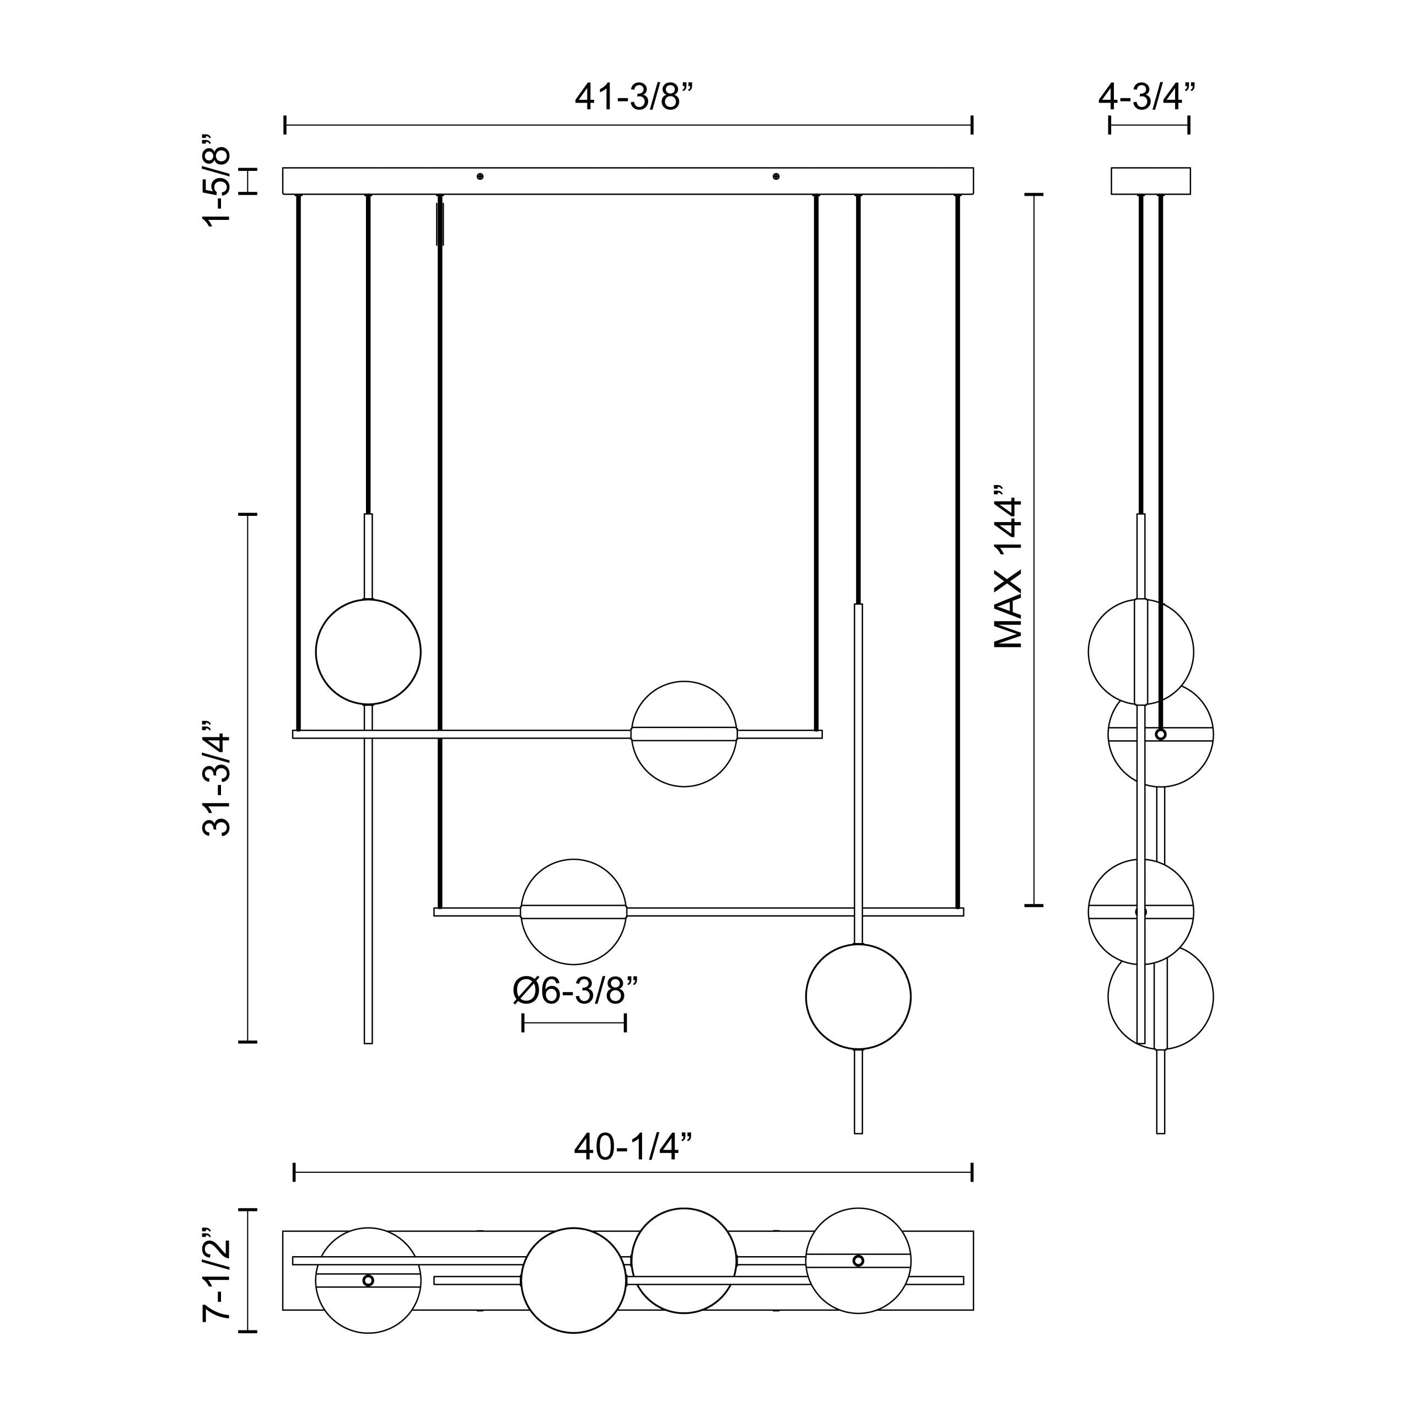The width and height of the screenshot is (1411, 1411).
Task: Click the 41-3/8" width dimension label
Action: (632, 96)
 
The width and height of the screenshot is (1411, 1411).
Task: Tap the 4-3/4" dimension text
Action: (1148, 96)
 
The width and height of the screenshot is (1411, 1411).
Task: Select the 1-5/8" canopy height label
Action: (218, 180)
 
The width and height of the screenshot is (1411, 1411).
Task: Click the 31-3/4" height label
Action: (218, 778)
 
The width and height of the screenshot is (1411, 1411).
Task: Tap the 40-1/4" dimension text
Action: (632, 1148)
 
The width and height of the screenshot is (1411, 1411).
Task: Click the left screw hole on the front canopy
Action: (480, 176)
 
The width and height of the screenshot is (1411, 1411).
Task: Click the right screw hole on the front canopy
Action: (775, 176)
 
